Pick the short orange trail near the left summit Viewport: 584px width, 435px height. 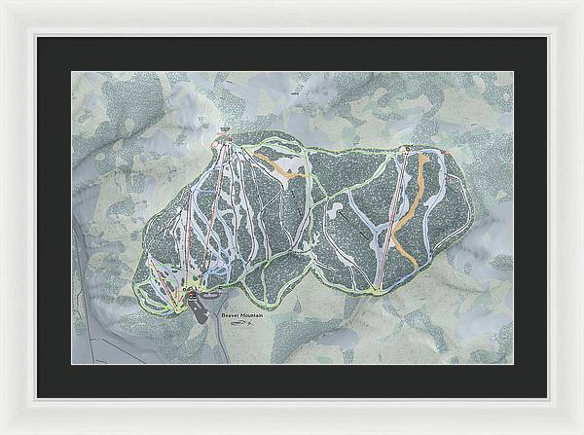pos(282,166)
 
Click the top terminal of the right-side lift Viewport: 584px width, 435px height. pos(405,150)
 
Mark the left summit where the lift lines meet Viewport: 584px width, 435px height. pos(224,141)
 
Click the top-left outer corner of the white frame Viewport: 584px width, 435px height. pos(1,1)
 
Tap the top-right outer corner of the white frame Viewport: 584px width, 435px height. pos(582,1)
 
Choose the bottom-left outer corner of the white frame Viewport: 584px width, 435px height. pos(1,433)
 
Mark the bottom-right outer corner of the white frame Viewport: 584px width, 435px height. pos(582,433)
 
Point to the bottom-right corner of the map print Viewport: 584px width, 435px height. pos(513,364)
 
